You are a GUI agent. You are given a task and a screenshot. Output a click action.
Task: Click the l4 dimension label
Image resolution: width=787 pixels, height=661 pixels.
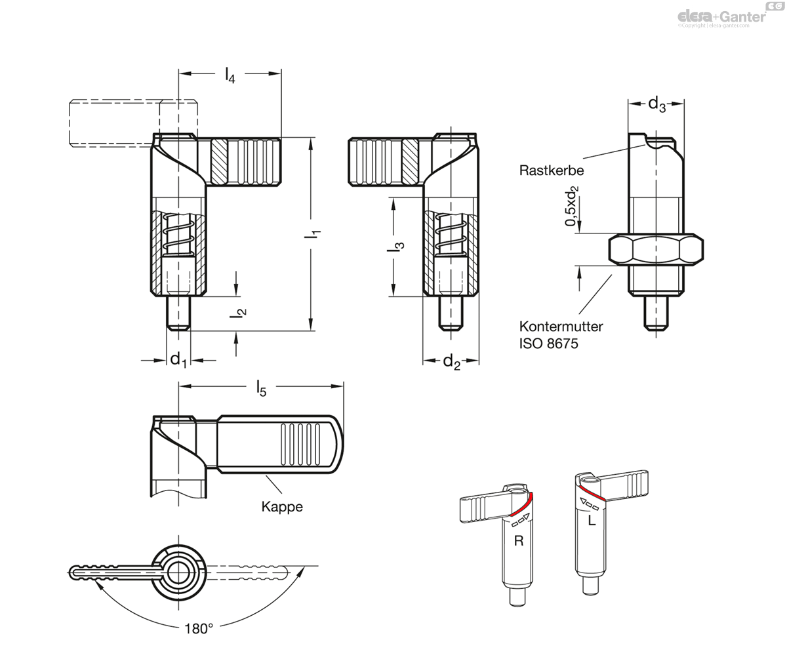click(230, 75)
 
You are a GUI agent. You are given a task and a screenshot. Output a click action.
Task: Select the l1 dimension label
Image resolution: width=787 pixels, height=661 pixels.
click(312, 233)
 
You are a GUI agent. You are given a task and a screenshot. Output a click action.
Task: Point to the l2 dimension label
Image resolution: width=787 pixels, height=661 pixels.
click(238, 313)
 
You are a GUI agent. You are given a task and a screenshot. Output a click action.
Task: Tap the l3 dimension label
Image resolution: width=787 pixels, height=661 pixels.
click(395, 246)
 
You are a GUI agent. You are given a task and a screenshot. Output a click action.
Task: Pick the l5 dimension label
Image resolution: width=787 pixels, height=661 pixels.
click(261, 388)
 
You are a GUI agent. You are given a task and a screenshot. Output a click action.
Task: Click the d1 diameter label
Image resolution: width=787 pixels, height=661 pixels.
click(178, 360)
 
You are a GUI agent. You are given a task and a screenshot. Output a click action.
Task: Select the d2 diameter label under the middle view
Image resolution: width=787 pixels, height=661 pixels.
click(452, 362)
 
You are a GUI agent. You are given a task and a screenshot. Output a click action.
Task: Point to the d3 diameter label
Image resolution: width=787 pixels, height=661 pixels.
click(656, 104)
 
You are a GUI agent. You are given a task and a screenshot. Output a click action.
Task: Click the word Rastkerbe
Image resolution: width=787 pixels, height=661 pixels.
click(552, 170)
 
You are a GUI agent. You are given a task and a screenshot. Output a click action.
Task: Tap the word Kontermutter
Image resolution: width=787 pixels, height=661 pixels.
click(561, 327)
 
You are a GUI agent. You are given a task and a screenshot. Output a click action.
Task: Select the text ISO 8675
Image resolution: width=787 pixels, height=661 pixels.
click(548, 344)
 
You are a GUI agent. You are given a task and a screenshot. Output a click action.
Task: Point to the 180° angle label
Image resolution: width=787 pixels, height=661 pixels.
click(199, 629)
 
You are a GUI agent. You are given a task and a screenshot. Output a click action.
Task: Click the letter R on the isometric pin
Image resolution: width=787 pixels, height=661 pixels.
click(519, 541)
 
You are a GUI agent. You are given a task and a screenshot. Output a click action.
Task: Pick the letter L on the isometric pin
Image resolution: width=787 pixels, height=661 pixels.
click(592, 521)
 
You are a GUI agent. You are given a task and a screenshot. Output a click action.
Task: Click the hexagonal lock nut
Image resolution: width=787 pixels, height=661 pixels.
click(656, 249)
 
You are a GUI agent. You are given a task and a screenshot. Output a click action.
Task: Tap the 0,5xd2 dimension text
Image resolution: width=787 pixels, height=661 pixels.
click(572, 206)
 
